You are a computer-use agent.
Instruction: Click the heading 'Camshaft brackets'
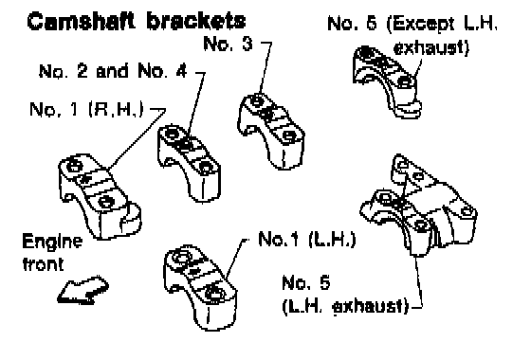pos(137,21)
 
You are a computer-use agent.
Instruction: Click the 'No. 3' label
pos(228,44)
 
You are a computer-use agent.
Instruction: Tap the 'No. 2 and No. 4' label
pos(113,71)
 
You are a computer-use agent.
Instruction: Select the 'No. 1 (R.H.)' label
pos(86,109)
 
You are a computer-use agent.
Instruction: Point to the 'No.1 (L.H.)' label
pos(307,239)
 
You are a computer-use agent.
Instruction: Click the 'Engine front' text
pos(52,252)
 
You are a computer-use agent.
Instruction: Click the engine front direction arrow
pos(83,290)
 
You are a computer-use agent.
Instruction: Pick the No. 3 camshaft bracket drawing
pos(271,132)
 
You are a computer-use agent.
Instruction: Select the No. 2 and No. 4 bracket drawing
pos(190,163)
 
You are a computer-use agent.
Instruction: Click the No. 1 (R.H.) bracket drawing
pos(100,196)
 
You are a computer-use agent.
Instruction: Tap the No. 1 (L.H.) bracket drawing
pos(200,288)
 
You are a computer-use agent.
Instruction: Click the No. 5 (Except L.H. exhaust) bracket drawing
pos(387,81)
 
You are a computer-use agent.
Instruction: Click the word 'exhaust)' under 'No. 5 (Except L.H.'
pos(431,47)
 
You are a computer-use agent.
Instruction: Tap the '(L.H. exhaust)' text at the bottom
pos(345,306)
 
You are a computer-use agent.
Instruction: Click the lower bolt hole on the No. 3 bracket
pos(289,136)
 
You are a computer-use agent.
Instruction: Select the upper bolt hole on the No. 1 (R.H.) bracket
pos(74,166)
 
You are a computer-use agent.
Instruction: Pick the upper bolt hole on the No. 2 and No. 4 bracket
pos(172,133)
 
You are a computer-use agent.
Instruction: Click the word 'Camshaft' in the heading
pos(81,21)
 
